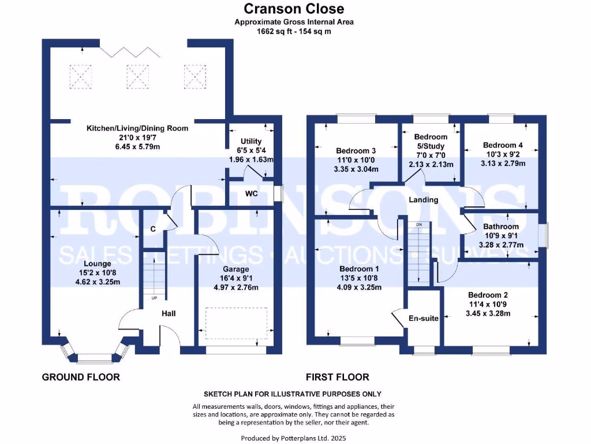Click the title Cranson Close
[x=294, y=9]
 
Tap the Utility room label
[x=251, y=141]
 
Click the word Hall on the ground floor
[x=169, y=313]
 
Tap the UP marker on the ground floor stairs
[x=154, y=298]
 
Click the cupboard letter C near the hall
[x=153, y=229]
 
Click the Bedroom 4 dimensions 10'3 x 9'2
[x=504, y=154]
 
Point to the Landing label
[x=424, y=200]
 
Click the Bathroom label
[x=501, y=227]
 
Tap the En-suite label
[x=423, y=319]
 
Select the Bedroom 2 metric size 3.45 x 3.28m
[x=489, y=314]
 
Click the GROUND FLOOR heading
[x=81, y=378]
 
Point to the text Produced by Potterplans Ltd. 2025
[x=294, y=438]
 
